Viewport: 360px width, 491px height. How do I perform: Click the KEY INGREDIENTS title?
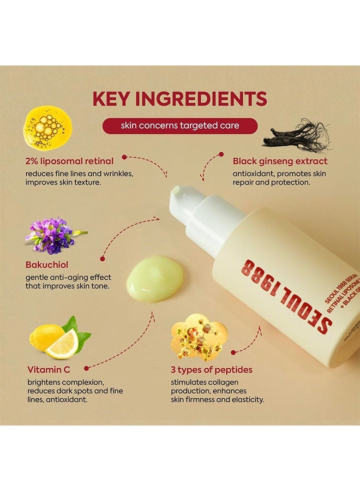click(179, 99)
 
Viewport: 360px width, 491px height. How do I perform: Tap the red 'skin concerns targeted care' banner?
click(179, 126)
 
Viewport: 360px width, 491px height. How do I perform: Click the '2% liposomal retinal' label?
click(69, 161)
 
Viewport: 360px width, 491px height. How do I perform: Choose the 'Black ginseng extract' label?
click(280, 161)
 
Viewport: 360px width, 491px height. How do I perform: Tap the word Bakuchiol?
click(47, 265)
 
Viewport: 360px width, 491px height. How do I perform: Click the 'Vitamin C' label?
click(47, 370)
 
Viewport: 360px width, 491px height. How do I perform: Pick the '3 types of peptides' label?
click(212, 370)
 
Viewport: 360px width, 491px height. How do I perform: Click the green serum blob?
click(155, 278)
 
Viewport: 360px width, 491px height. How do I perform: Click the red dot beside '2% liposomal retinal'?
click(124, 157)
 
